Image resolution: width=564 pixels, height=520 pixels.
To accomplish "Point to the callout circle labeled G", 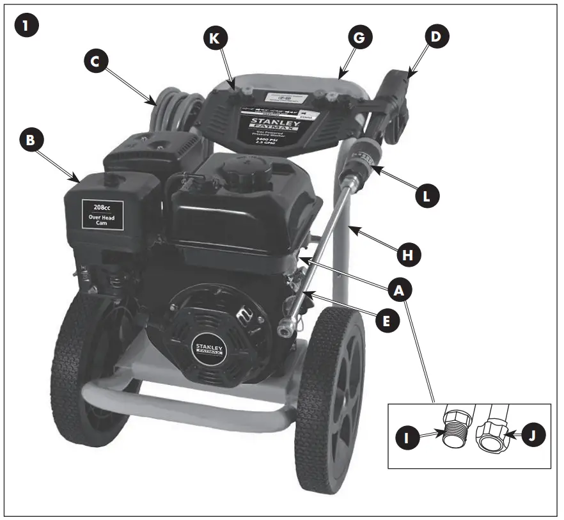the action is (359, 38).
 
